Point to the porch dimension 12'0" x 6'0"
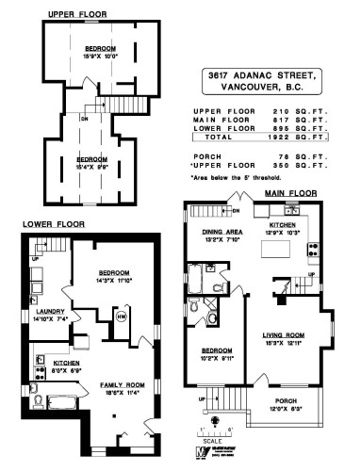283,410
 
